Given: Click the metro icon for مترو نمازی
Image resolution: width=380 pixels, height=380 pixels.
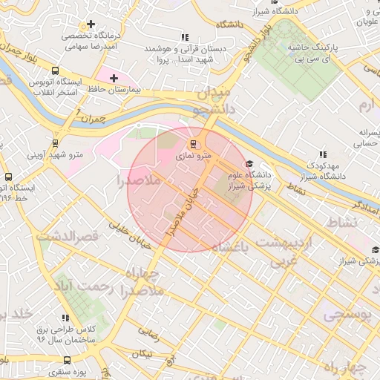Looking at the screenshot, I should click(194, 143).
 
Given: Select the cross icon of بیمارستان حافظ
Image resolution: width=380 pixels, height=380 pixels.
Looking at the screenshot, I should click(114, 78).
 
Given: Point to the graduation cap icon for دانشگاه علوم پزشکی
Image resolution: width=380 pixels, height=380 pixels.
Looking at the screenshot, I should click(249, 164).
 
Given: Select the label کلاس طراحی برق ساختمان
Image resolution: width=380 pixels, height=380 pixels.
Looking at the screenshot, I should click(67, 332).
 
